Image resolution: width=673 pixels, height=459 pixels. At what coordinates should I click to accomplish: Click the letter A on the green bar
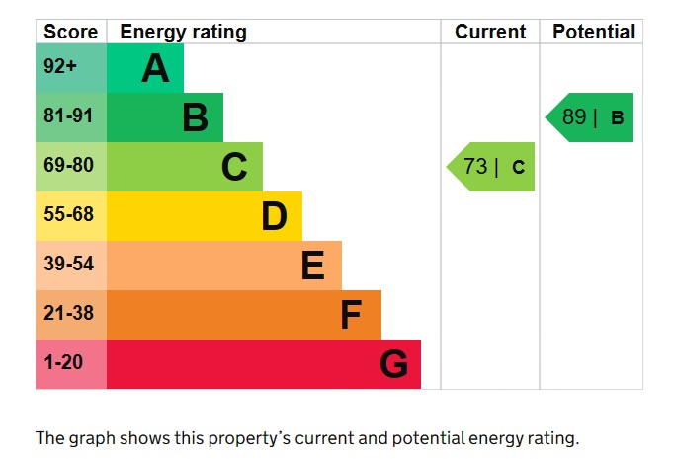pyautogui.click(x=155, y=68)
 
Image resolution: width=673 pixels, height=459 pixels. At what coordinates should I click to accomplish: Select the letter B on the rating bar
pyautogui.click(x=195, y=117)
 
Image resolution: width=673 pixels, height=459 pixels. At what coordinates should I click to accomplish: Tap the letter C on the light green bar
pyautogui.click(x=234, y=167)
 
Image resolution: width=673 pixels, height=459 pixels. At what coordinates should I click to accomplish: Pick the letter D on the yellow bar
pyautogui.click(x=274, y=216)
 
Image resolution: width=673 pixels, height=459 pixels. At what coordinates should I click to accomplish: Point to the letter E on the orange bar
pyautogui.click(x=312, y=266)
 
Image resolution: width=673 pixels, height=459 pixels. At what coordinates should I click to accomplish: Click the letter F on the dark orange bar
pyautogui.click(x=351, y=315)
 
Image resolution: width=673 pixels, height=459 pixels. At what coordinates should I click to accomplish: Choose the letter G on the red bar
pyautogui.click(x=393, y=364)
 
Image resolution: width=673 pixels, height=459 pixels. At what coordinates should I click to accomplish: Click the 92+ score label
pyautogui.click(x=59, y=67)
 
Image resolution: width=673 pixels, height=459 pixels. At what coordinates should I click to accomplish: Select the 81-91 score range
pyautogui.click(x=67, y=116)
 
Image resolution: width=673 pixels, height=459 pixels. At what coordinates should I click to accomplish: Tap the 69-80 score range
pyautogui.click(x=67, y=166)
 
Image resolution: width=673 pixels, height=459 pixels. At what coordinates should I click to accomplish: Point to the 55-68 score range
pyautogui.click(x=67, y=215)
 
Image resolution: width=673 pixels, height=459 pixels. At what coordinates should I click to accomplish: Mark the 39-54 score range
pyautogui.click(x=67, y=265)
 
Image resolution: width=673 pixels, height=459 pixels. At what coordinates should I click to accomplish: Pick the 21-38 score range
pyautogui.click(x=67, y=314)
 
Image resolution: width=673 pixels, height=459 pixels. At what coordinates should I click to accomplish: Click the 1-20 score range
pyautogui.click(x=63, y=363)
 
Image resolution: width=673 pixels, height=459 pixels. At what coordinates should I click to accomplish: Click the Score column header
pyautogui.click(x=71, y=32)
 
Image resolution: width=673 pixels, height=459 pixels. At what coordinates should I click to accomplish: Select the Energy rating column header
pyautogui.click(x=183, y=32)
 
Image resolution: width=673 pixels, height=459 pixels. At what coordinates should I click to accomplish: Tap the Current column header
pyautogui.click(x=490, y=32)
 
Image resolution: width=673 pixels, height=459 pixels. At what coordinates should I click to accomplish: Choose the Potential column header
pyautogui.click(x=594, y=32)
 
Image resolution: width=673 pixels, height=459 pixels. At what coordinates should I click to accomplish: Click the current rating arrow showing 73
pyautogui.click(x=492, y=167)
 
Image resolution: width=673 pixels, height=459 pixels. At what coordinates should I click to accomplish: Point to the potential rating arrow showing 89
pyautogui.click(x=591, y=117)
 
